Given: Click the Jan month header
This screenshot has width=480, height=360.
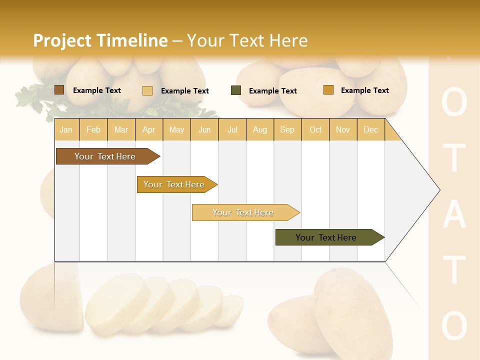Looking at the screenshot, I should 66,129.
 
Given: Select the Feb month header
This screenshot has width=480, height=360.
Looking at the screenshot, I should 93,129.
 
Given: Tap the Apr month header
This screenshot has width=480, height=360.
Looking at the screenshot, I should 148,129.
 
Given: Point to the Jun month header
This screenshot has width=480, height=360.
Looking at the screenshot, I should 204,129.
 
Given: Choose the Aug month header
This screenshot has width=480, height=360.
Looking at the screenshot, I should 259,129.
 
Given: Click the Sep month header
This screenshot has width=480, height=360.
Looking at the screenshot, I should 287,129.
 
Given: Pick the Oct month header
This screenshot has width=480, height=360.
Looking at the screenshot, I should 315,129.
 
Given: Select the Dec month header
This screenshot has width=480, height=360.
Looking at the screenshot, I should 370,129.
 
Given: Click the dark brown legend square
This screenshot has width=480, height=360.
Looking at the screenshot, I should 59,90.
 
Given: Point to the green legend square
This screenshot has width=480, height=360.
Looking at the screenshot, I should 236,90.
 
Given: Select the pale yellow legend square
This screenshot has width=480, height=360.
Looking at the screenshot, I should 147,90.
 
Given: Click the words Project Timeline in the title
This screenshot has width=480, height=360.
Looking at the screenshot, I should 100,40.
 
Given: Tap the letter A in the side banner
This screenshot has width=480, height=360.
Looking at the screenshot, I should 454,215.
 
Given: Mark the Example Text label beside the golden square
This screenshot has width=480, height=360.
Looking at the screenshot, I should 364,90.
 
